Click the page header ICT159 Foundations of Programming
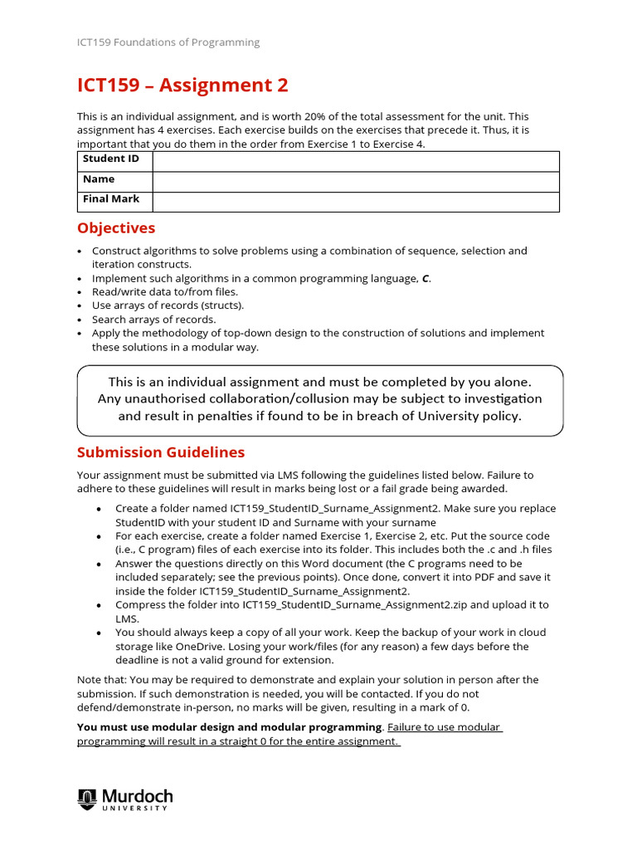pos(168,42)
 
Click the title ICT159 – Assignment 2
pos(182,85)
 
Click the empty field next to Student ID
pos(355,160)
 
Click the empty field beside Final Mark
pos(355,201)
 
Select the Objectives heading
pos(116,228)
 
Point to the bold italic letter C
pos(425,279)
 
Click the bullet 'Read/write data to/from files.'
pos(165,292)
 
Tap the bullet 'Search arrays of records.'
pos(153,320)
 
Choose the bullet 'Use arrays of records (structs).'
pos(168,305)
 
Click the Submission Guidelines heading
pos(161,452)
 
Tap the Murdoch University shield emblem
pos(87,799)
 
